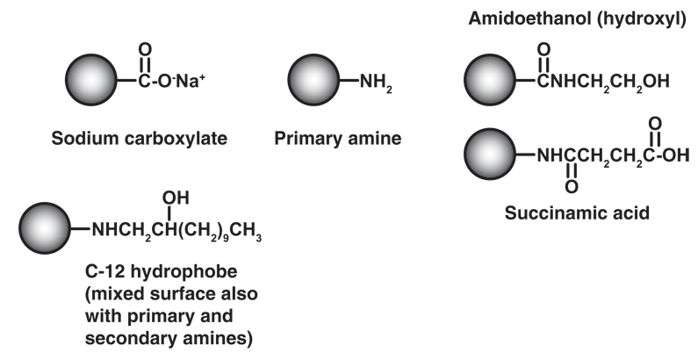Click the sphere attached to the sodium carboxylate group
(91, 80)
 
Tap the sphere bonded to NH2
(313, 80)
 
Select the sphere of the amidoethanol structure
(490, 80)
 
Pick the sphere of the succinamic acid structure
(490, 155)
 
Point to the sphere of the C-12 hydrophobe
(45, 228)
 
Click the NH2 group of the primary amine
(376, 82)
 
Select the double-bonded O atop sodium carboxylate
(145, 49)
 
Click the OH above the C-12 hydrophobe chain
(176, 198)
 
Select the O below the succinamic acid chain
(572, 187)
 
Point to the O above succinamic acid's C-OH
(655, 123)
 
